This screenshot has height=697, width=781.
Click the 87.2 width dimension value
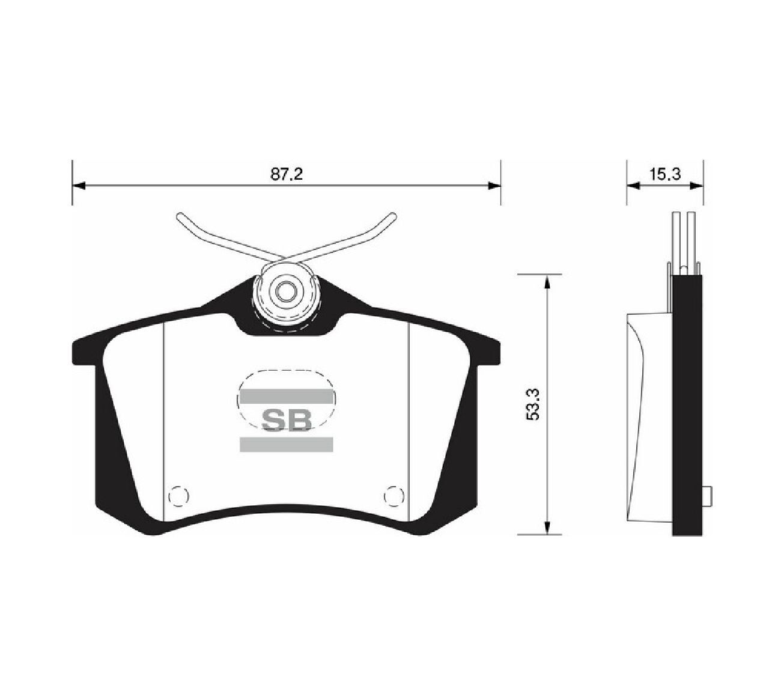(287, 174)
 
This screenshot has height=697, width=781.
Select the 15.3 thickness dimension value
(665, 174)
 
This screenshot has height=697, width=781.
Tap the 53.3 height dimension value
(535, 404)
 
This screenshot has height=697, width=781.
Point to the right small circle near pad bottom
(394, 495)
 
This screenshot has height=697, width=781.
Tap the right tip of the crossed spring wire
(393, 215)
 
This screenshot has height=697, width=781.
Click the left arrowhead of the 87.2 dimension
(79, 186)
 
